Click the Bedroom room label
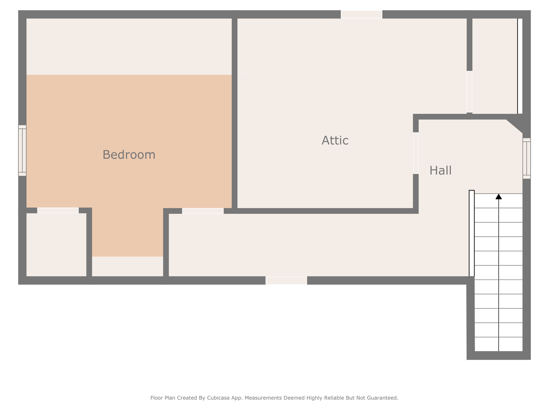(x=129, y=155)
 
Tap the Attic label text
(x=335, y=141)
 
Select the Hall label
(x=440, y=171)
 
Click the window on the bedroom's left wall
(x=22, y=150)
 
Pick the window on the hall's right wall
(x=526, y=159)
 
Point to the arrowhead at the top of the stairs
(x=499, y=197)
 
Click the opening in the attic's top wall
(x=361, y=14)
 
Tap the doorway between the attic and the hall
(x=416, y=153)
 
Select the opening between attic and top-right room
(x=469, y=92)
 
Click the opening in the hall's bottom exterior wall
(x=286, y=280)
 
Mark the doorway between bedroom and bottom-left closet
(x=58, y=211)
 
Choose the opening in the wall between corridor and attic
(x=203, y=211)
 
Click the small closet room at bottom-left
(x=56, y=245)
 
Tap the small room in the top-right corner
(x=495, y=66)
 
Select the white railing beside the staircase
(x=472, y=233)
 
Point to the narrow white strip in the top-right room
(x=520, y=66)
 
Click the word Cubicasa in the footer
(x=218, y=398)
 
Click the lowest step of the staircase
(x=499, y=344)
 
